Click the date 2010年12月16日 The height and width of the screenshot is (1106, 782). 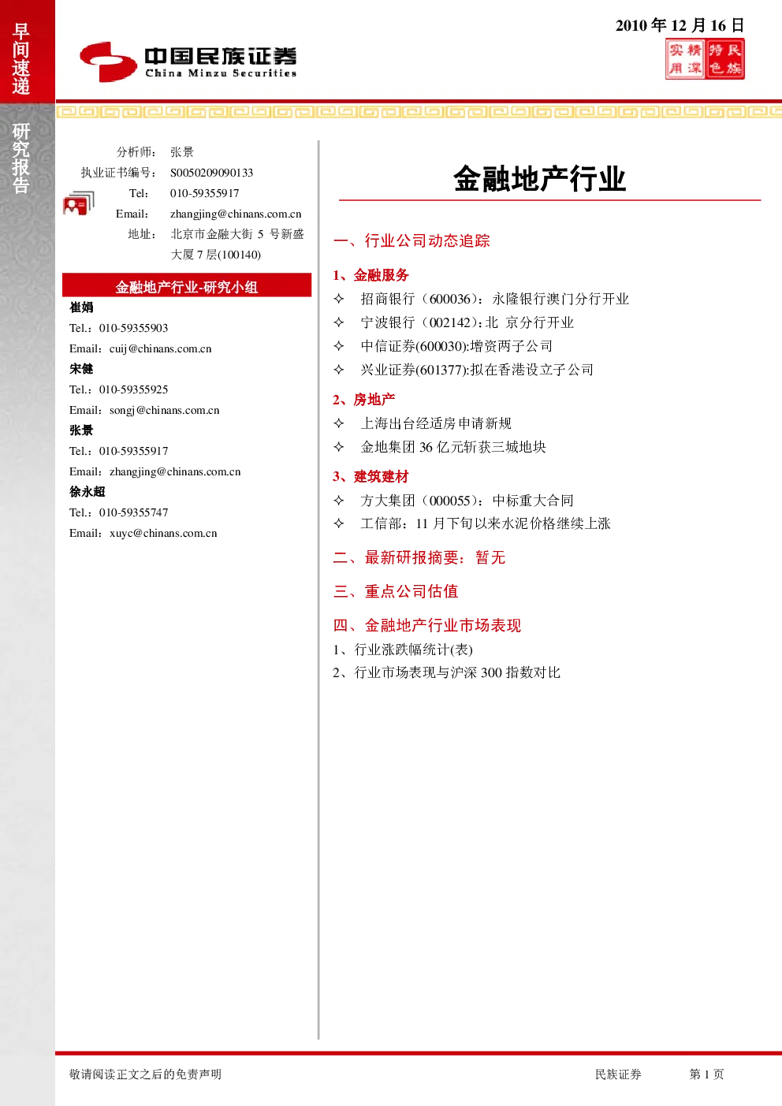click(x=680, y=25)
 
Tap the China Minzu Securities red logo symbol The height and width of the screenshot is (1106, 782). click(x=108, y=61)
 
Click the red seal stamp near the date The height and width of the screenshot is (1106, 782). click(x=705, y=59)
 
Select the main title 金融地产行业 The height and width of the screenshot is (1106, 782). click(x=540, y=178)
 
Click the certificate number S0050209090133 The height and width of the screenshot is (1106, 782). click(x=211, y=173)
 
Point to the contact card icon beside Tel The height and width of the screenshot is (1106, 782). click(x=79, y=203)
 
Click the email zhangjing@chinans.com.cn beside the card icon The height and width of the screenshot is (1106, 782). click(x=236, y=214)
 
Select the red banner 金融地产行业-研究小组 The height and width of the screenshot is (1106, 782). click(x=187, y=285)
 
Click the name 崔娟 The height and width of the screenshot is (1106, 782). click(x=81, y=307)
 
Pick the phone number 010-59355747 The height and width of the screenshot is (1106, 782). click(x=134, y=512)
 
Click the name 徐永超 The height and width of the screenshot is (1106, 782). click(x=88, y=492)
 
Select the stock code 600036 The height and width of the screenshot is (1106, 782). click(x=450, y=300)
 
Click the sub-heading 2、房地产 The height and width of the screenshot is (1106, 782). click(x=363, y=400)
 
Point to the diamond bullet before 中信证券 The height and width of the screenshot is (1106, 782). click(x=339, y=346)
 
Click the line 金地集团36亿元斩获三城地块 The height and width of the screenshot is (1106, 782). click(x=453, y=447)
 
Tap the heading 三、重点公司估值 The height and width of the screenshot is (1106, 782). click(x=396, y=591)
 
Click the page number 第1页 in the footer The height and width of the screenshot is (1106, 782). click(x=706, y=1074)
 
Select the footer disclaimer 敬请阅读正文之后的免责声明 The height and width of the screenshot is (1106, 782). click(x=145, y=1074)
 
